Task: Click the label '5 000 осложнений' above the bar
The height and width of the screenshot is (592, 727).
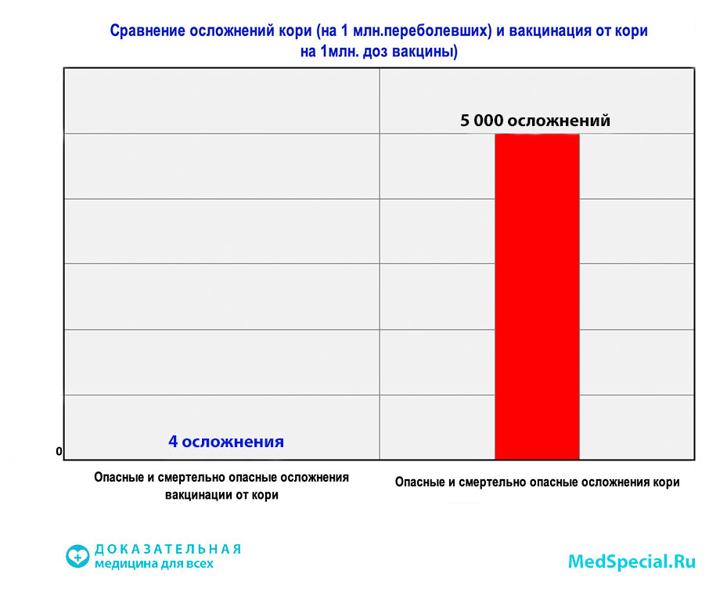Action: point(535,121)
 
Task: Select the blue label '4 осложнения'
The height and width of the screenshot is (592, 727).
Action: point(226,442)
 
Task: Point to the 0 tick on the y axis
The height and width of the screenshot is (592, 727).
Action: point(59,452)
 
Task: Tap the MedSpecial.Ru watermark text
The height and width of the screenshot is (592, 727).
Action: point(631,561)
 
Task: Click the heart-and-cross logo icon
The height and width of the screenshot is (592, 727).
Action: point(77,556)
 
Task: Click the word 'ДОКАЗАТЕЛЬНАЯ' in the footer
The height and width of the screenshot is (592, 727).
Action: point(167,549)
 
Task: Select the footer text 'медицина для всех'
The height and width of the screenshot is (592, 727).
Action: point(153,564)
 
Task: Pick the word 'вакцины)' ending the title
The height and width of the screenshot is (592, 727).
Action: point(431,52)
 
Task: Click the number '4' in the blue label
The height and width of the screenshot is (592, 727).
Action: point(173,442)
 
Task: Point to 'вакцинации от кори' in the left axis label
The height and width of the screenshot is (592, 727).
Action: point(221,495)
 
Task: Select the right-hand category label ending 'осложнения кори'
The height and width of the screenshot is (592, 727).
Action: point(537,482)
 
